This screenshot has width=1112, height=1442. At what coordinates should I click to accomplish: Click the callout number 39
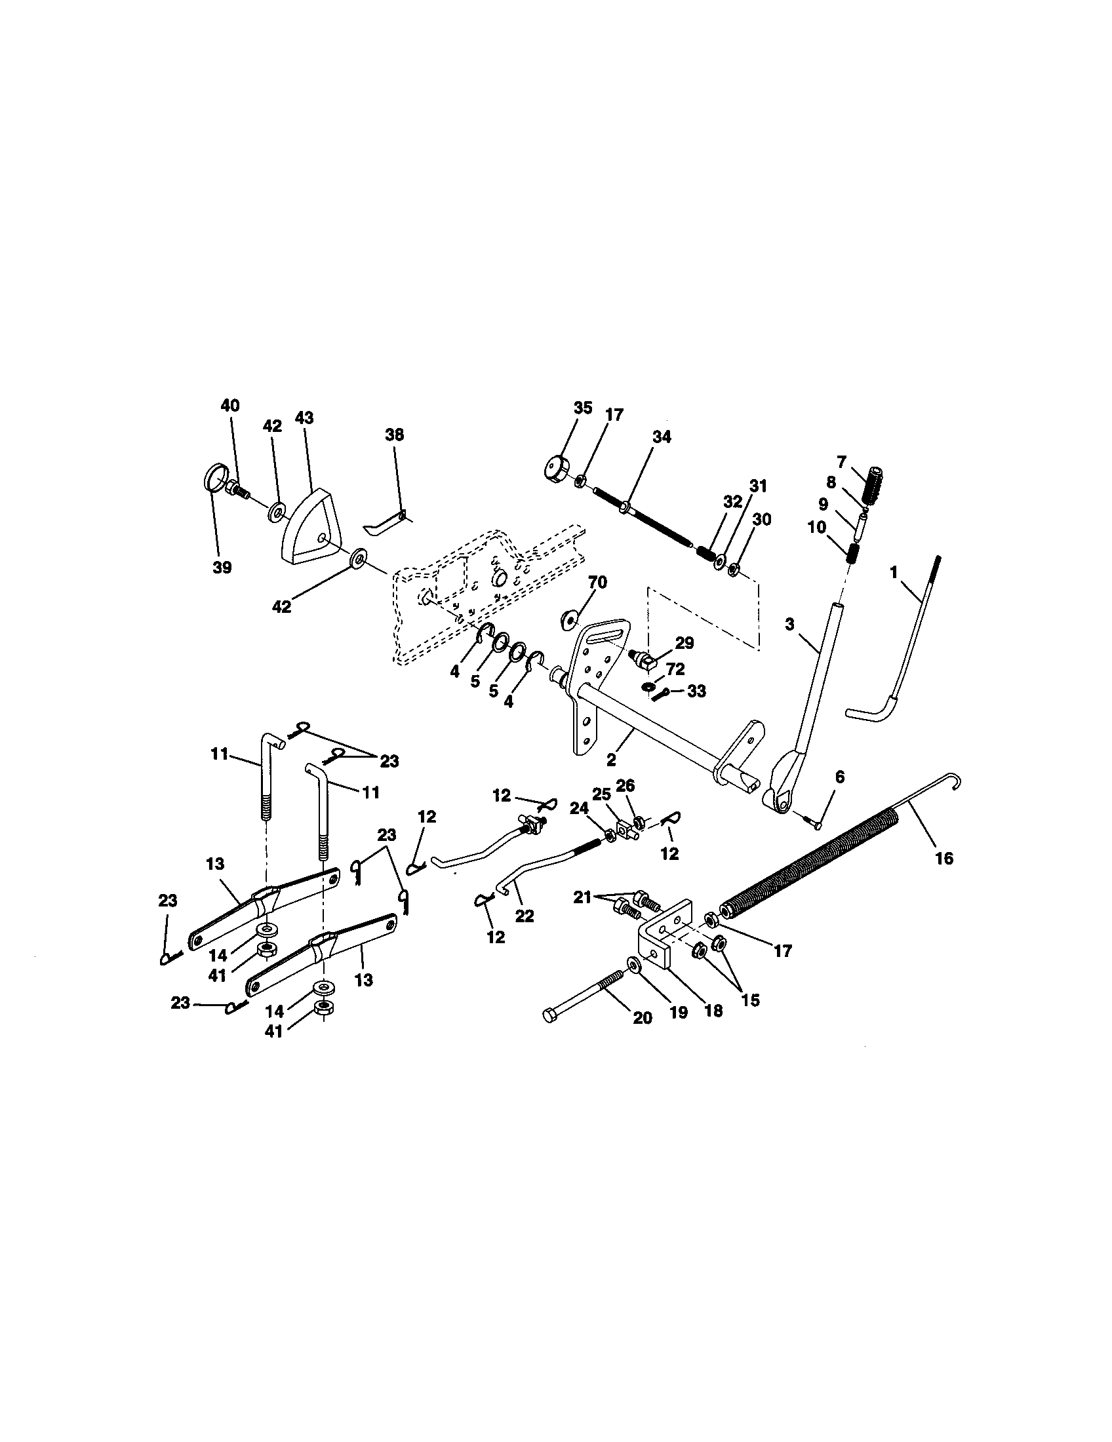click(222, 568)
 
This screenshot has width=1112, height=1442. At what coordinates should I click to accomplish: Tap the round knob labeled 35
click(559, 470)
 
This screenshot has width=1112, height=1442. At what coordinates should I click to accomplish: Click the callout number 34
click(661, 437)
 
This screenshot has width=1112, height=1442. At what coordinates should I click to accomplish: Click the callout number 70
click(597, 582)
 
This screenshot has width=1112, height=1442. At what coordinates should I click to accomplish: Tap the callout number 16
click(944, 859)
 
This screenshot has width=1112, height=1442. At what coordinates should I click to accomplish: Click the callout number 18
click(713, 1011)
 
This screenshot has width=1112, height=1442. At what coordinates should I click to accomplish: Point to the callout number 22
click(524, 917)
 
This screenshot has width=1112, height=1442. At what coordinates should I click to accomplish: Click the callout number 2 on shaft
click(611, 760)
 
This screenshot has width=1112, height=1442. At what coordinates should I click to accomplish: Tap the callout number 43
click(304, 418)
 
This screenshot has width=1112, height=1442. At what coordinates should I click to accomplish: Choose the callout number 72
click(675, 669)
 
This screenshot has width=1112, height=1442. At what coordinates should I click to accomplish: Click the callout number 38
click(395, 435)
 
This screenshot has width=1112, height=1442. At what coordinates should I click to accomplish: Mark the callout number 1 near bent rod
click(894, 573)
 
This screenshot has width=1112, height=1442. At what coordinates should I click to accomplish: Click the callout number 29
click(684, 642)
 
